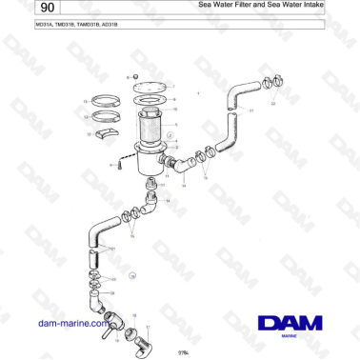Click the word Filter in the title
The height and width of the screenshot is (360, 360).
(252, 6)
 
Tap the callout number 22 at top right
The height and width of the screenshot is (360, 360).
(274, 104)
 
